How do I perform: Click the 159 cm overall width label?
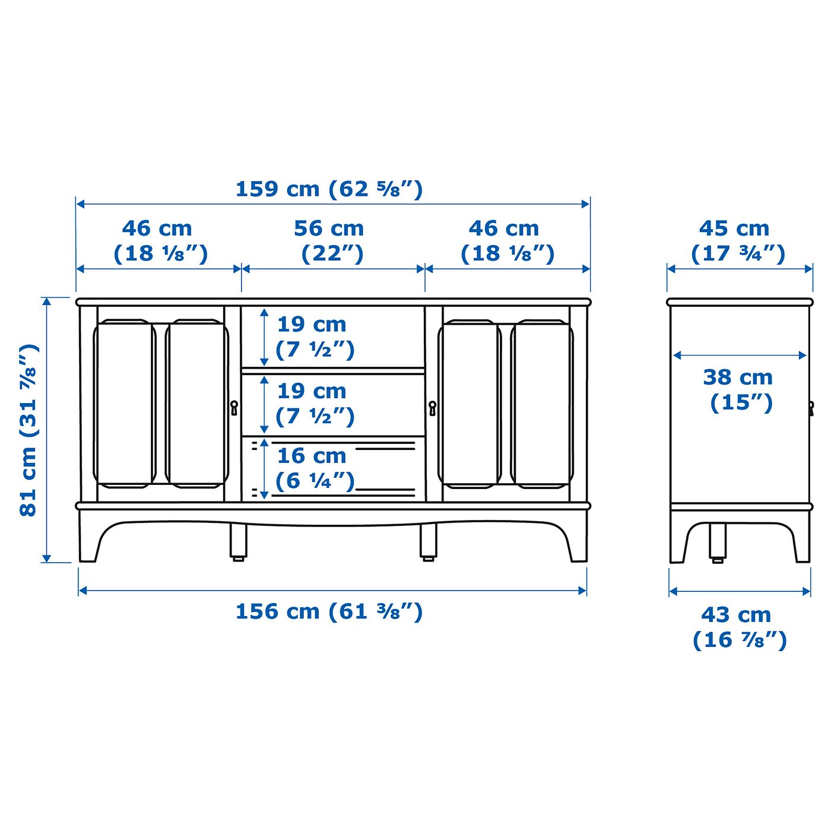(329, 189)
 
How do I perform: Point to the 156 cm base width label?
(329, 611)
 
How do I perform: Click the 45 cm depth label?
(737, 240)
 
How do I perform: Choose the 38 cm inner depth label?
(740, 390)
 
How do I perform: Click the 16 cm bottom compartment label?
(315, 468)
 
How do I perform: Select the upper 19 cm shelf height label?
(315, 337)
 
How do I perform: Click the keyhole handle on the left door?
(234, 407)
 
